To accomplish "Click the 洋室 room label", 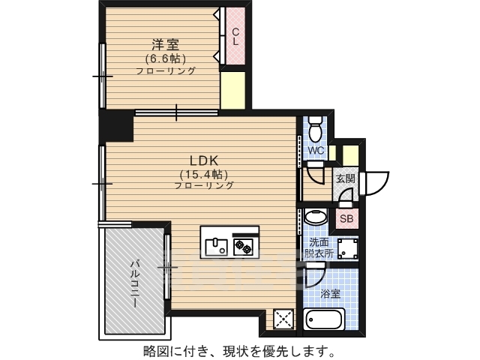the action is tap(166, 45).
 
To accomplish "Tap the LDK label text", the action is tap(204, 160).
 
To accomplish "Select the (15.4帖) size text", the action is tap(204, 175).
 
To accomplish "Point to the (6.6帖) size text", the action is tap(166, 58).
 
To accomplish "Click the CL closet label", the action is tap(235, 37).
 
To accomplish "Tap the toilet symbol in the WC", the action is tap(315, 128).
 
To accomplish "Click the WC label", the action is tap(316, 150).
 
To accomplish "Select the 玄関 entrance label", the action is tap(346, 178).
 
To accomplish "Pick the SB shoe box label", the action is tap(346, 218).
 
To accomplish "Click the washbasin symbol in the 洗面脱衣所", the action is tap(316, 217).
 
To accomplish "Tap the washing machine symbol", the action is tap(347, 247).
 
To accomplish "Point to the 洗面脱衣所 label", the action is tap(319, 248).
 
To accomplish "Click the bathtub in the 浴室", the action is tap(325, 319).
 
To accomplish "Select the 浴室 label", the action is tap(330, 294).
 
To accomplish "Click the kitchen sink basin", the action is tap(217, 247).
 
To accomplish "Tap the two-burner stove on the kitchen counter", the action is tap(243, 247).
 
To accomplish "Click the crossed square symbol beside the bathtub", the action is tap(283, 319).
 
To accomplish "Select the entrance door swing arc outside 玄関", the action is tap(376, 184).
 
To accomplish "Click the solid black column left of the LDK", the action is tap(116, 125).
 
